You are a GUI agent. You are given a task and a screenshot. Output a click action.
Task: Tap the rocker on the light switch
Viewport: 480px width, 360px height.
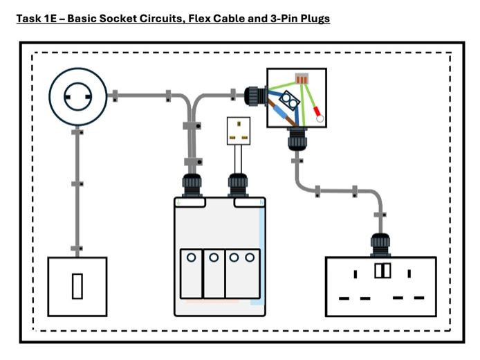click(x=77, y=286)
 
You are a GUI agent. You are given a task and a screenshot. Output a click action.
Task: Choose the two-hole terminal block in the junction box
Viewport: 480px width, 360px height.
click(x=293, y=102)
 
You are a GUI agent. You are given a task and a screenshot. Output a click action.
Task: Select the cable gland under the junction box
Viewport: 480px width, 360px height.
click(x=297, y=141)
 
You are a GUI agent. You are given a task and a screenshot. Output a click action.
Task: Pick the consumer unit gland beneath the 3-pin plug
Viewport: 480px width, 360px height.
click(x=237, y=185)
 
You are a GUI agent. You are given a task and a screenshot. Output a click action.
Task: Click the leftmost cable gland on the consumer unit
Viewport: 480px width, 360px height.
click(x=191, y=185)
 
